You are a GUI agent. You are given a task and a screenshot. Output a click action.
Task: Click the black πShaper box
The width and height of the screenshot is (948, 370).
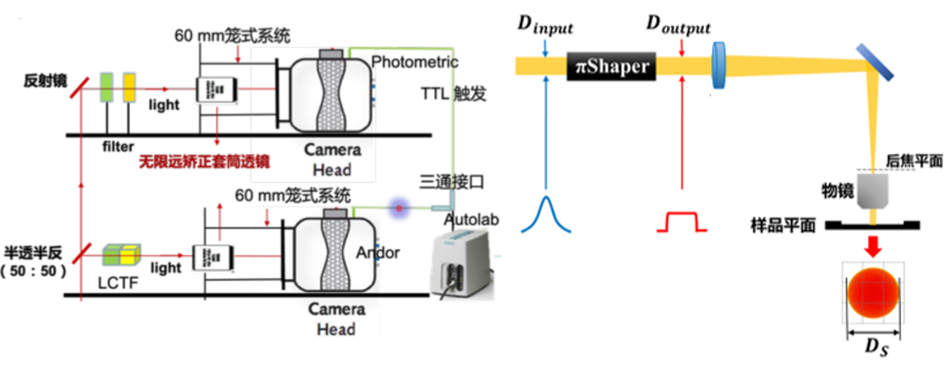click(611, 67)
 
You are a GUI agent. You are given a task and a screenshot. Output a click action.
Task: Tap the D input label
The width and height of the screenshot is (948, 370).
click(545, 26)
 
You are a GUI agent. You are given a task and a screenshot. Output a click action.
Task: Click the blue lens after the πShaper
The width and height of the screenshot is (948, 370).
click(718, 65)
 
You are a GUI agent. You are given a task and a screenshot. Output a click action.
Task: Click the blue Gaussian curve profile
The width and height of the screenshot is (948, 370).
click(546, 214)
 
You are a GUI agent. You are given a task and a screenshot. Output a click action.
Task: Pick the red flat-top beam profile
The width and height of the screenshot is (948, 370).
click(682, 221)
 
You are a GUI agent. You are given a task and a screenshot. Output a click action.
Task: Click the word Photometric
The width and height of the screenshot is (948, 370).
click(414, 62)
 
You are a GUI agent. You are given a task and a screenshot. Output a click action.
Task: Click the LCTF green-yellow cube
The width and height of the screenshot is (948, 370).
click(120, 254)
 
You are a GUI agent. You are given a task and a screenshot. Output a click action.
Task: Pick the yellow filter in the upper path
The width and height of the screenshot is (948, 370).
click(130, 87)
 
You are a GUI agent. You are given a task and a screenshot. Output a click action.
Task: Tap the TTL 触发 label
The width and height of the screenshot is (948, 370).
click(451, 93)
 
